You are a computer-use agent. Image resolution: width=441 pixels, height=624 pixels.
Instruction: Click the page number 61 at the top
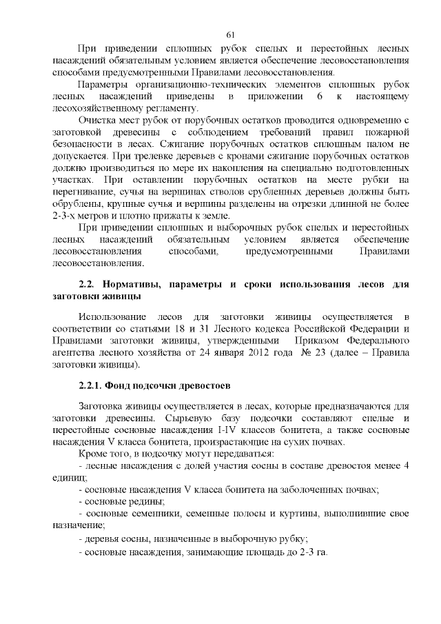point(231,35)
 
